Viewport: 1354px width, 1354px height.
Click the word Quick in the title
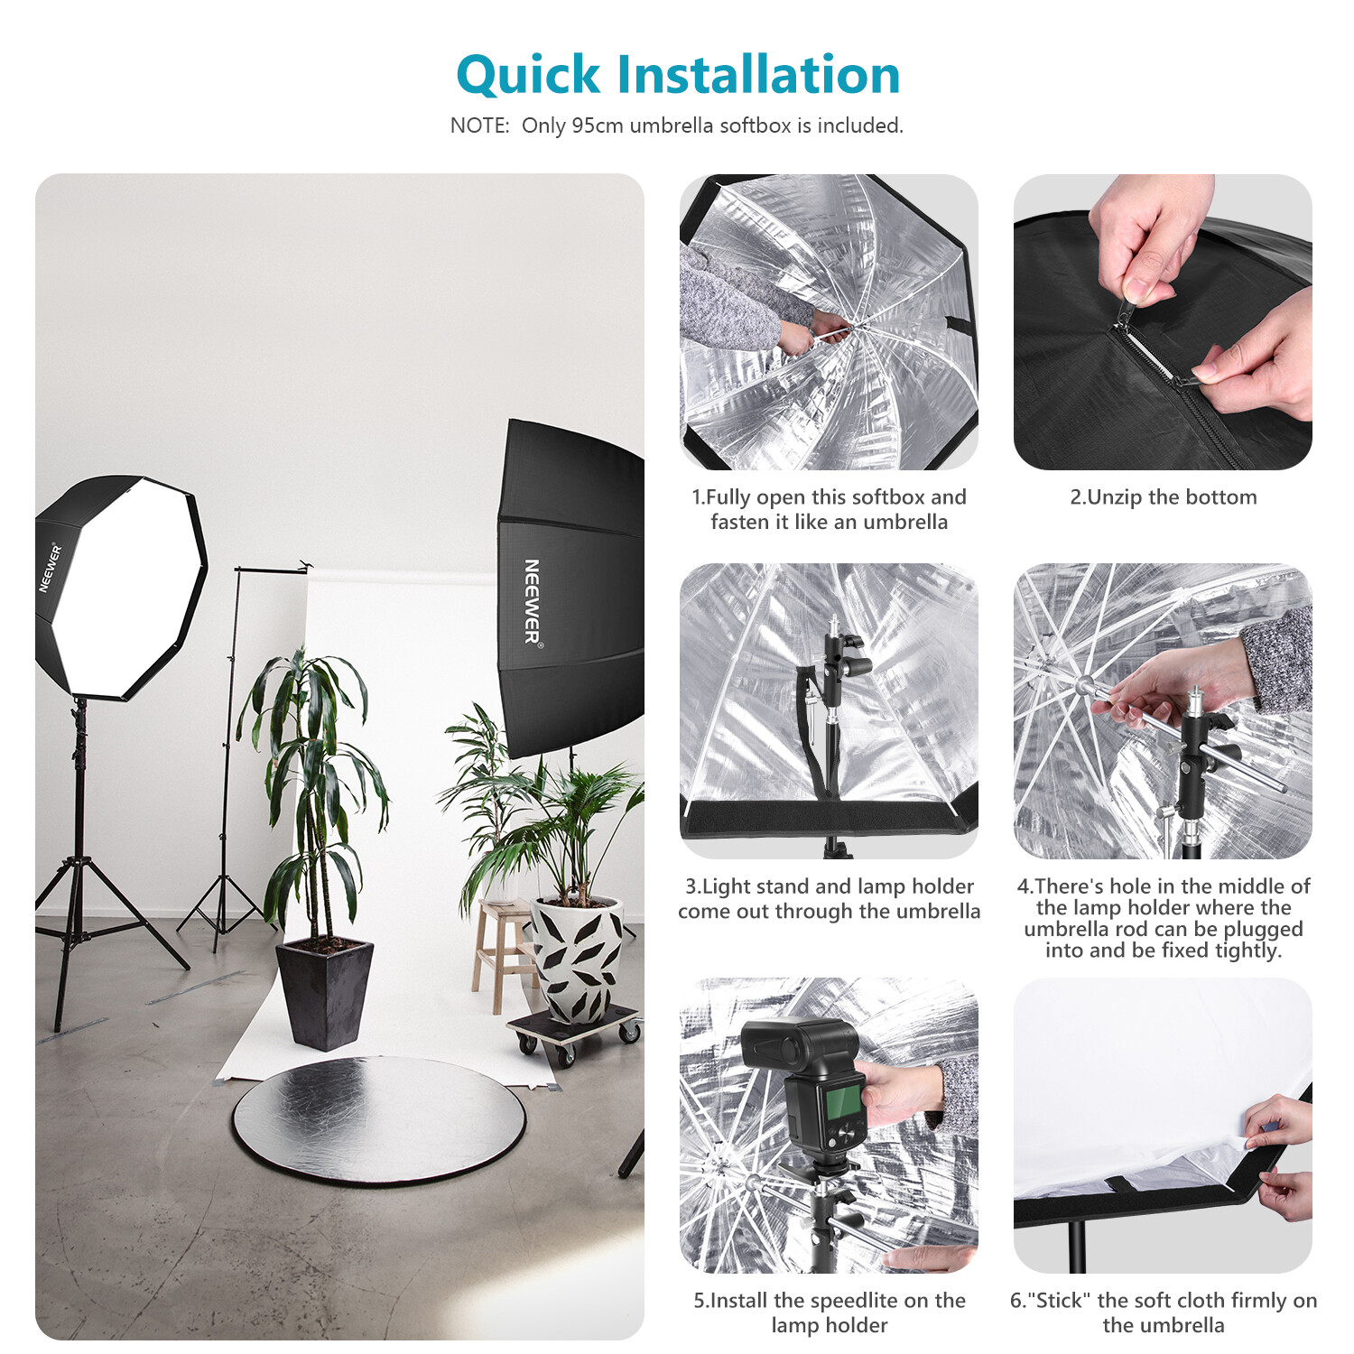(x=528, y=76)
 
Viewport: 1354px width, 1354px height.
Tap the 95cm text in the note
(x=597, y=125)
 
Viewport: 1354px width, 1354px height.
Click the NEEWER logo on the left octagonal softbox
(x=50, y=568)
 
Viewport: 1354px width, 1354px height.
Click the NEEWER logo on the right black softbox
(x=532, y=601)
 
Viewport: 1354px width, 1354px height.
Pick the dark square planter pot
(x=325, y=993)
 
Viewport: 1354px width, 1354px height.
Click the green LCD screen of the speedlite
(x=843, y=1102)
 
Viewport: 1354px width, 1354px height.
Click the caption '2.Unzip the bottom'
(x=1163, y=497)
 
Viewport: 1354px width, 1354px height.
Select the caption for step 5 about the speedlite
(x=829, y=1312)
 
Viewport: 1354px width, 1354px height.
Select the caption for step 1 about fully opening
(x=829, y=509)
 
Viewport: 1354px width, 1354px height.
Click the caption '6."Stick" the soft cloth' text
(x=1163, y=1312)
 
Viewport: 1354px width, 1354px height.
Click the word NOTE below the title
(x=479, y=125)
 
